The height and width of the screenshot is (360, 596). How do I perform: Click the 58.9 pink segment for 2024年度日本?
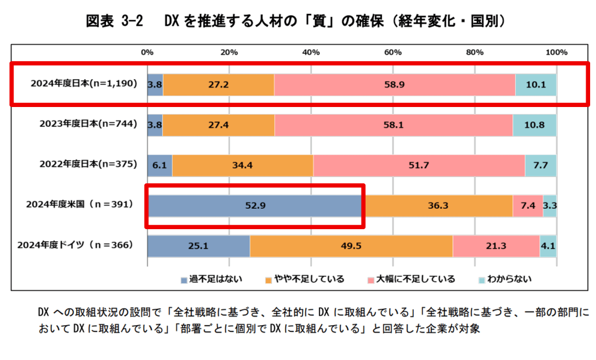[394, 84]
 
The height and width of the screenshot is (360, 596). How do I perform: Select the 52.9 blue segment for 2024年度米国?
[254, 205]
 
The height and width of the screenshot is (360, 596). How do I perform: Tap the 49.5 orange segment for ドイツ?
[351, 246]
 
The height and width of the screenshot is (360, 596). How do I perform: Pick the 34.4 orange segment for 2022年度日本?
[242, 165]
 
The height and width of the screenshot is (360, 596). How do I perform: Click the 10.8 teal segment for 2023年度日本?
[534, 125]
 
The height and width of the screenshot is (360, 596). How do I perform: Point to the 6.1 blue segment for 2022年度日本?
[159, 165]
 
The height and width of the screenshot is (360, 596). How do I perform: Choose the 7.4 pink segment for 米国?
[527, 205]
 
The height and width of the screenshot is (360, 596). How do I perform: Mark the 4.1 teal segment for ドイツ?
[548, 246]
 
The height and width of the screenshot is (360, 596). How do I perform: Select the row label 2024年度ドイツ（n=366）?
[75, 245]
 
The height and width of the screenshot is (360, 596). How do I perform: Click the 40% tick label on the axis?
[311, 52]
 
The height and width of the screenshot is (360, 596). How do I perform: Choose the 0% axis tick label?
[148, 52]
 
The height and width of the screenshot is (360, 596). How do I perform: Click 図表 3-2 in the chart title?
[115, 22]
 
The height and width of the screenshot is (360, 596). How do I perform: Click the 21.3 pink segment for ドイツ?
[496, 246]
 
